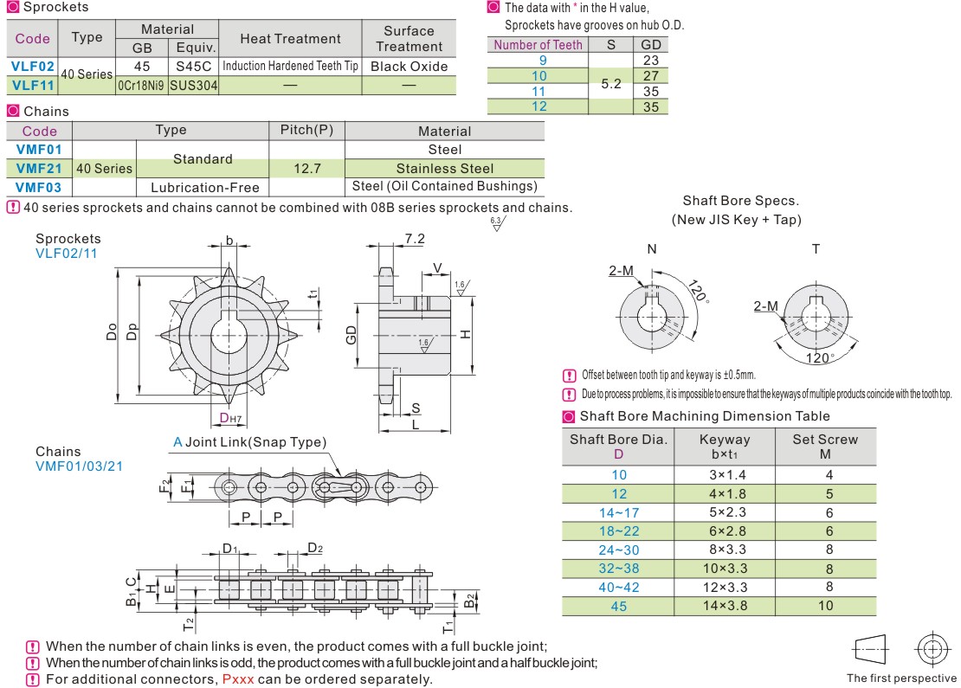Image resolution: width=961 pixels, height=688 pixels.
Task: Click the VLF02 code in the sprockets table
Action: pyautogui.click(x=33, y=66)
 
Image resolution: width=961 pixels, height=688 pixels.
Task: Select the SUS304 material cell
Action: pyautogui.click(x=193, y=85)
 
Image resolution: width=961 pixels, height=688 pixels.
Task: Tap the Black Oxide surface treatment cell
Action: pyautogui.click(x=409, y=66)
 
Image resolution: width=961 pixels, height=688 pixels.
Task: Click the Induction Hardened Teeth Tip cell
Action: pyautogui.click(x=290, y=66)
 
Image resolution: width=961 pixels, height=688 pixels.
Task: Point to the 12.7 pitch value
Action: pyautogui.click(x=306, y=168)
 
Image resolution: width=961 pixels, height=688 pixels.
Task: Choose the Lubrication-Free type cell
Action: pyautogui.click(x=203, y=186)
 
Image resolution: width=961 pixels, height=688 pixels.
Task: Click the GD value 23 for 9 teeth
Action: pyautogui.click(x=651, y=60)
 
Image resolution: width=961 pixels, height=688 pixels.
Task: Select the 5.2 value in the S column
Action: pyautogui.click(x=610, y=83)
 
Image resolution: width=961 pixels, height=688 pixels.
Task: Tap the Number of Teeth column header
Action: pyautogui.click(x=538, y=44)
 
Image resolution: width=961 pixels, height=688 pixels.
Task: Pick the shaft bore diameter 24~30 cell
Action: pyautogui.click(x=618, y=550)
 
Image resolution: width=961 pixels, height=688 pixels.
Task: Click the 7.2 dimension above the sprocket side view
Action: pyautogui.click(x=415, y=239)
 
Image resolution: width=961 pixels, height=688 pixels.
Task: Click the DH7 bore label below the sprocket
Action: pyautogui.click(x=229, y=419)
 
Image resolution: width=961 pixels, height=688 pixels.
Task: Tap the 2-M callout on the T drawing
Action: pyautogui.click(x=765, y=306)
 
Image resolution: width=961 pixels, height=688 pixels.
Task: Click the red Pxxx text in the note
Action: pyautogui.click(x=238, y=679)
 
